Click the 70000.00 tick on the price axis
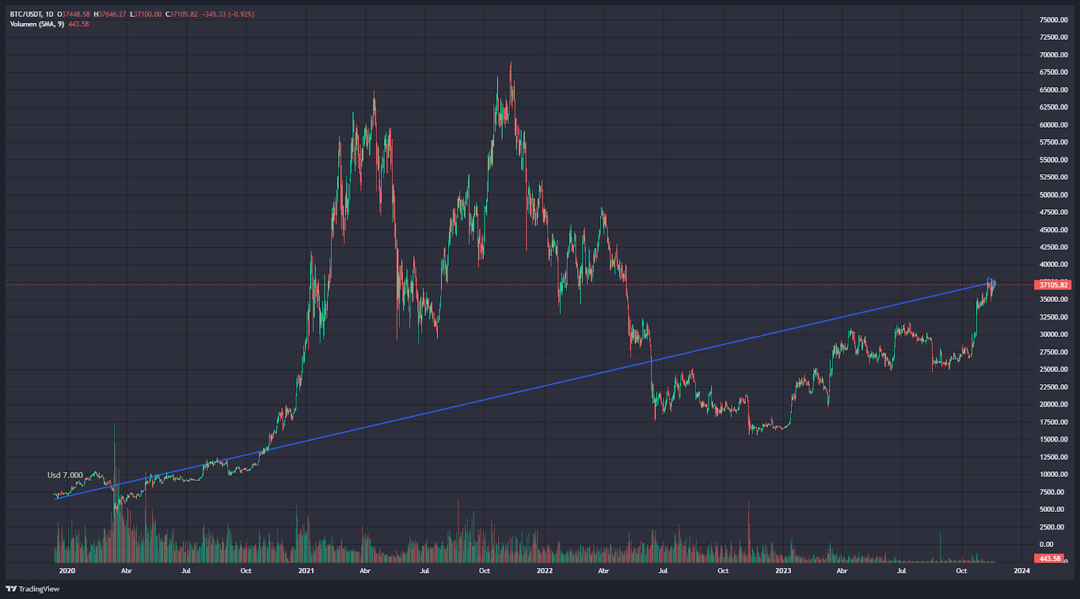click(1053, 55)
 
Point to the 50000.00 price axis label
click(1053, 194)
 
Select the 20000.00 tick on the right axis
click(1053, 405)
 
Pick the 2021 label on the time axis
click(306, 571)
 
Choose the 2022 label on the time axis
click(544, 571)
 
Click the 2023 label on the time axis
click(783, 571)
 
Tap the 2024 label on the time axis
click(1021, 571)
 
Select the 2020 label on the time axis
click(67, 571)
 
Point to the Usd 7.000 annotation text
click(65, 475)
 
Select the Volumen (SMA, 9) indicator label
click(37, 24)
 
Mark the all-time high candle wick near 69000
click(510, 64)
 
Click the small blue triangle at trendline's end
click(990, 280)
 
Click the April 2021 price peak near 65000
click(374, 93)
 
